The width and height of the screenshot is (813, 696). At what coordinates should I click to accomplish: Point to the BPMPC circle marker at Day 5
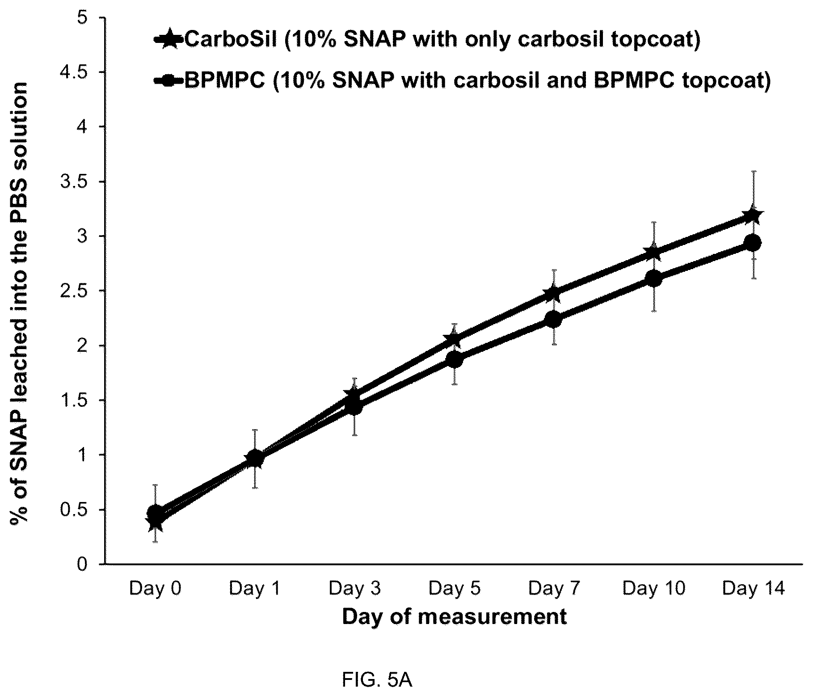[x=454, y=360]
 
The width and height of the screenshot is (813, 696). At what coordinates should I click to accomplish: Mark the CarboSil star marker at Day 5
[x=454, y=338]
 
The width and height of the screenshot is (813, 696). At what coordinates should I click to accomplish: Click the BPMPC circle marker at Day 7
[x=553, y=320]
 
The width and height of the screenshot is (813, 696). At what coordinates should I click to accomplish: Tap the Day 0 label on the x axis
[x=155, y=588]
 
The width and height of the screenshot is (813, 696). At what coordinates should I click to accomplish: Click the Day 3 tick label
[x=355, y=588]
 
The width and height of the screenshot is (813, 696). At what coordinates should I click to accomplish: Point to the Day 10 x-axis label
[x=654, y=588]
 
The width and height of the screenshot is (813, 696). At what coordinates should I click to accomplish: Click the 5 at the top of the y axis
[x=92, y=17]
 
